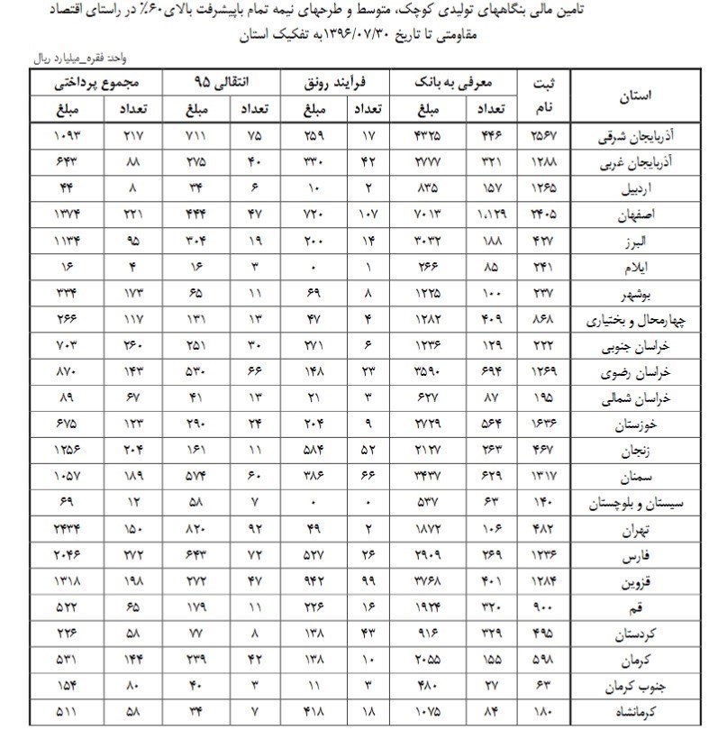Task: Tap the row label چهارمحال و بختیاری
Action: [639, 320]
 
